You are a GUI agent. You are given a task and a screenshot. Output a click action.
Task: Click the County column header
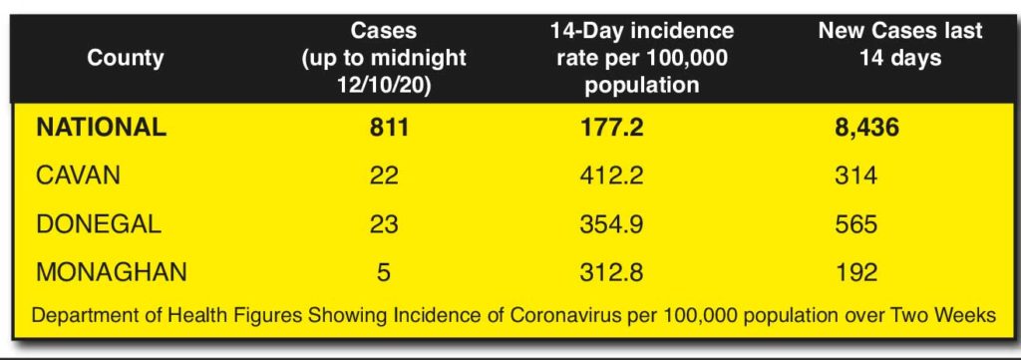point(125,58)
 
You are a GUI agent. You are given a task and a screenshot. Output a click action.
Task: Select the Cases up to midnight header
point(384,58)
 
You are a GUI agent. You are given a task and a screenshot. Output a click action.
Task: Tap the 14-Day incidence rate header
point(641,58)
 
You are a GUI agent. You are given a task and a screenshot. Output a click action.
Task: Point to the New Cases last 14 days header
point(900,44)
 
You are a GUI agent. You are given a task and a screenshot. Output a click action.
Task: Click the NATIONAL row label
point(101,127)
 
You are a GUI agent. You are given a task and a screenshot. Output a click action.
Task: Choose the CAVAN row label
point(78,176)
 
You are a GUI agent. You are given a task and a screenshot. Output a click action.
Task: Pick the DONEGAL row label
point(99,224)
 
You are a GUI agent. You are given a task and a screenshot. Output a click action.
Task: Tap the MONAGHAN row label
point(112,272)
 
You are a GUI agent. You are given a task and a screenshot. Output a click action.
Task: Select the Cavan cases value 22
point(384,176)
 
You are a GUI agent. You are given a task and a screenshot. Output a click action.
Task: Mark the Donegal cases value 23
point(384,224)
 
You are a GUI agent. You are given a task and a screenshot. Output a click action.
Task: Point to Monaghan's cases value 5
point(384,272)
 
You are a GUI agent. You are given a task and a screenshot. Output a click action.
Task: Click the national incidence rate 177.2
point(611,127)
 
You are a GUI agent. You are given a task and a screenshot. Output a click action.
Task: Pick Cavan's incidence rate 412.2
point(611,176)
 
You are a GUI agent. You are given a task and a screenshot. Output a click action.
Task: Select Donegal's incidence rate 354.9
point(611,224)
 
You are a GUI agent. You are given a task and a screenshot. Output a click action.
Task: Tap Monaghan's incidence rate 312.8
point(611,272)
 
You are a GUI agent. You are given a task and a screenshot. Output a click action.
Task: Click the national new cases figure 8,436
point(866,127)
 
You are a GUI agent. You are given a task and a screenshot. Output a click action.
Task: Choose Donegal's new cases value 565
point(855,224)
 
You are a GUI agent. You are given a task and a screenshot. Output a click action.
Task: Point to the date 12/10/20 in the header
point(384,86)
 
